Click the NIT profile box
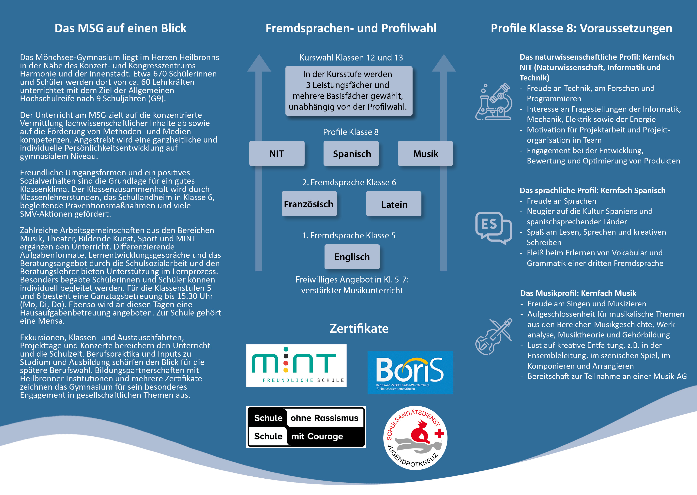[277, 154]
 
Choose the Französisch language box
[309, 204]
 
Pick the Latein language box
[394, 204]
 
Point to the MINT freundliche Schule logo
[296, 366]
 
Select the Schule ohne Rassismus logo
[306, 427]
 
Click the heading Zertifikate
[359, 329]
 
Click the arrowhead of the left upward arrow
[259, 63]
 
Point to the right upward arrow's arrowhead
[444, 63]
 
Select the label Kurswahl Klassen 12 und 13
[351, 58]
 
